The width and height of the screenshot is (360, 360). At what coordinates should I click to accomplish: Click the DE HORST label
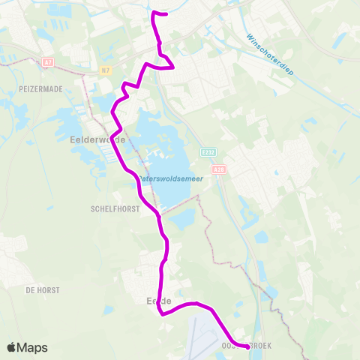point(43,289)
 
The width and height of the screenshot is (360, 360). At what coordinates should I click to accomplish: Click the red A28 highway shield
point(219,169)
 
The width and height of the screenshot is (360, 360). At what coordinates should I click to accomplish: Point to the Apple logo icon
point(13,347)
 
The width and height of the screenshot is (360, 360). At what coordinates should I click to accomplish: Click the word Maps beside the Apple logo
point(33,347)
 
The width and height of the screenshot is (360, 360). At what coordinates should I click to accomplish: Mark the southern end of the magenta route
point(247,346)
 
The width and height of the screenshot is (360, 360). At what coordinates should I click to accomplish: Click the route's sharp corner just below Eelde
point(162,314)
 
